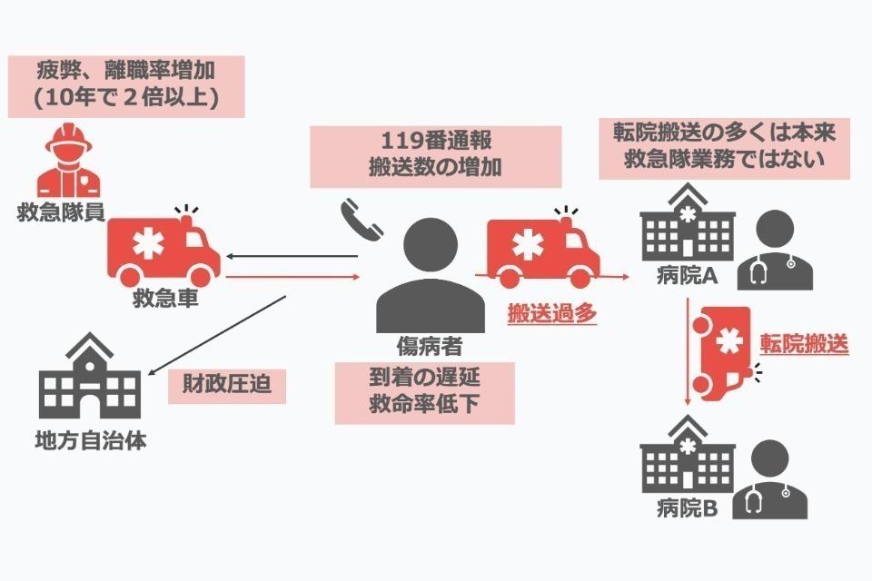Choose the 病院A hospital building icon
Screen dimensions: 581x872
coord(680,222)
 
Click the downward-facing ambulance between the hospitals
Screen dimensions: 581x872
coord(722,351)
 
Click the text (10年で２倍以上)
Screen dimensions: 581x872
coord(125,98)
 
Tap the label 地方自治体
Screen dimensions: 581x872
coord(89,442)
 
